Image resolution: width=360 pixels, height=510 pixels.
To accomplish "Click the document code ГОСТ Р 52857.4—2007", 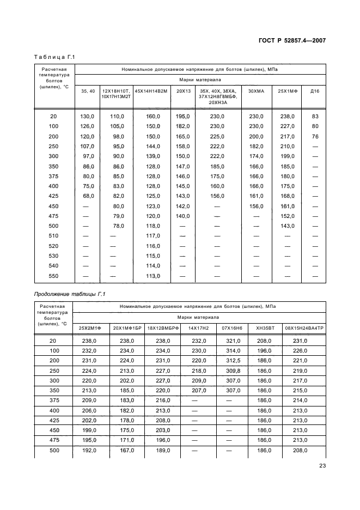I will [x=295, y=40].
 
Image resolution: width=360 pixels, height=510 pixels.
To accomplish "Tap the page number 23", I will [x=321, y=465].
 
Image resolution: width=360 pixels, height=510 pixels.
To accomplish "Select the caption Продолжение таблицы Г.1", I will [x=69, y=294].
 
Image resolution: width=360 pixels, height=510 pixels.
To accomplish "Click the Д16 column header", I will [x=315, y=90].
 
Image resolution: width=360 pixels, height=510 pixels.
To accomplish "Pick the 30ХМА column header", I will [x=256, y=90].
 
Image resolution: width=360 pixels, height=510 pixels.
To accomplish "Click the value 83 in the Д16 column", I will [x=315, y=116].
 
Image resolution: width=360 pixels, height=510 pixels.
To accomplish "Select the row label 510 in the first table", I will [x=53, y=236].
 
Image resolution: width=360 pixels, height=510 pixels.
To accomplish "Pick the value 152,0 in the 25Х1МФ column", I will [x=287, y=216].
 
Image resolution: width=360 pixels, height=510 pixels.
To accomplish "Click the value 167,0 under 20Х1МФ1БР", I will [x=126, y=450].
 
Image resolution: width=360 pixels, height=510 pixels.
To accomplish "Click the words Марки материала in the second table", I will [x=199, y=317].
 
